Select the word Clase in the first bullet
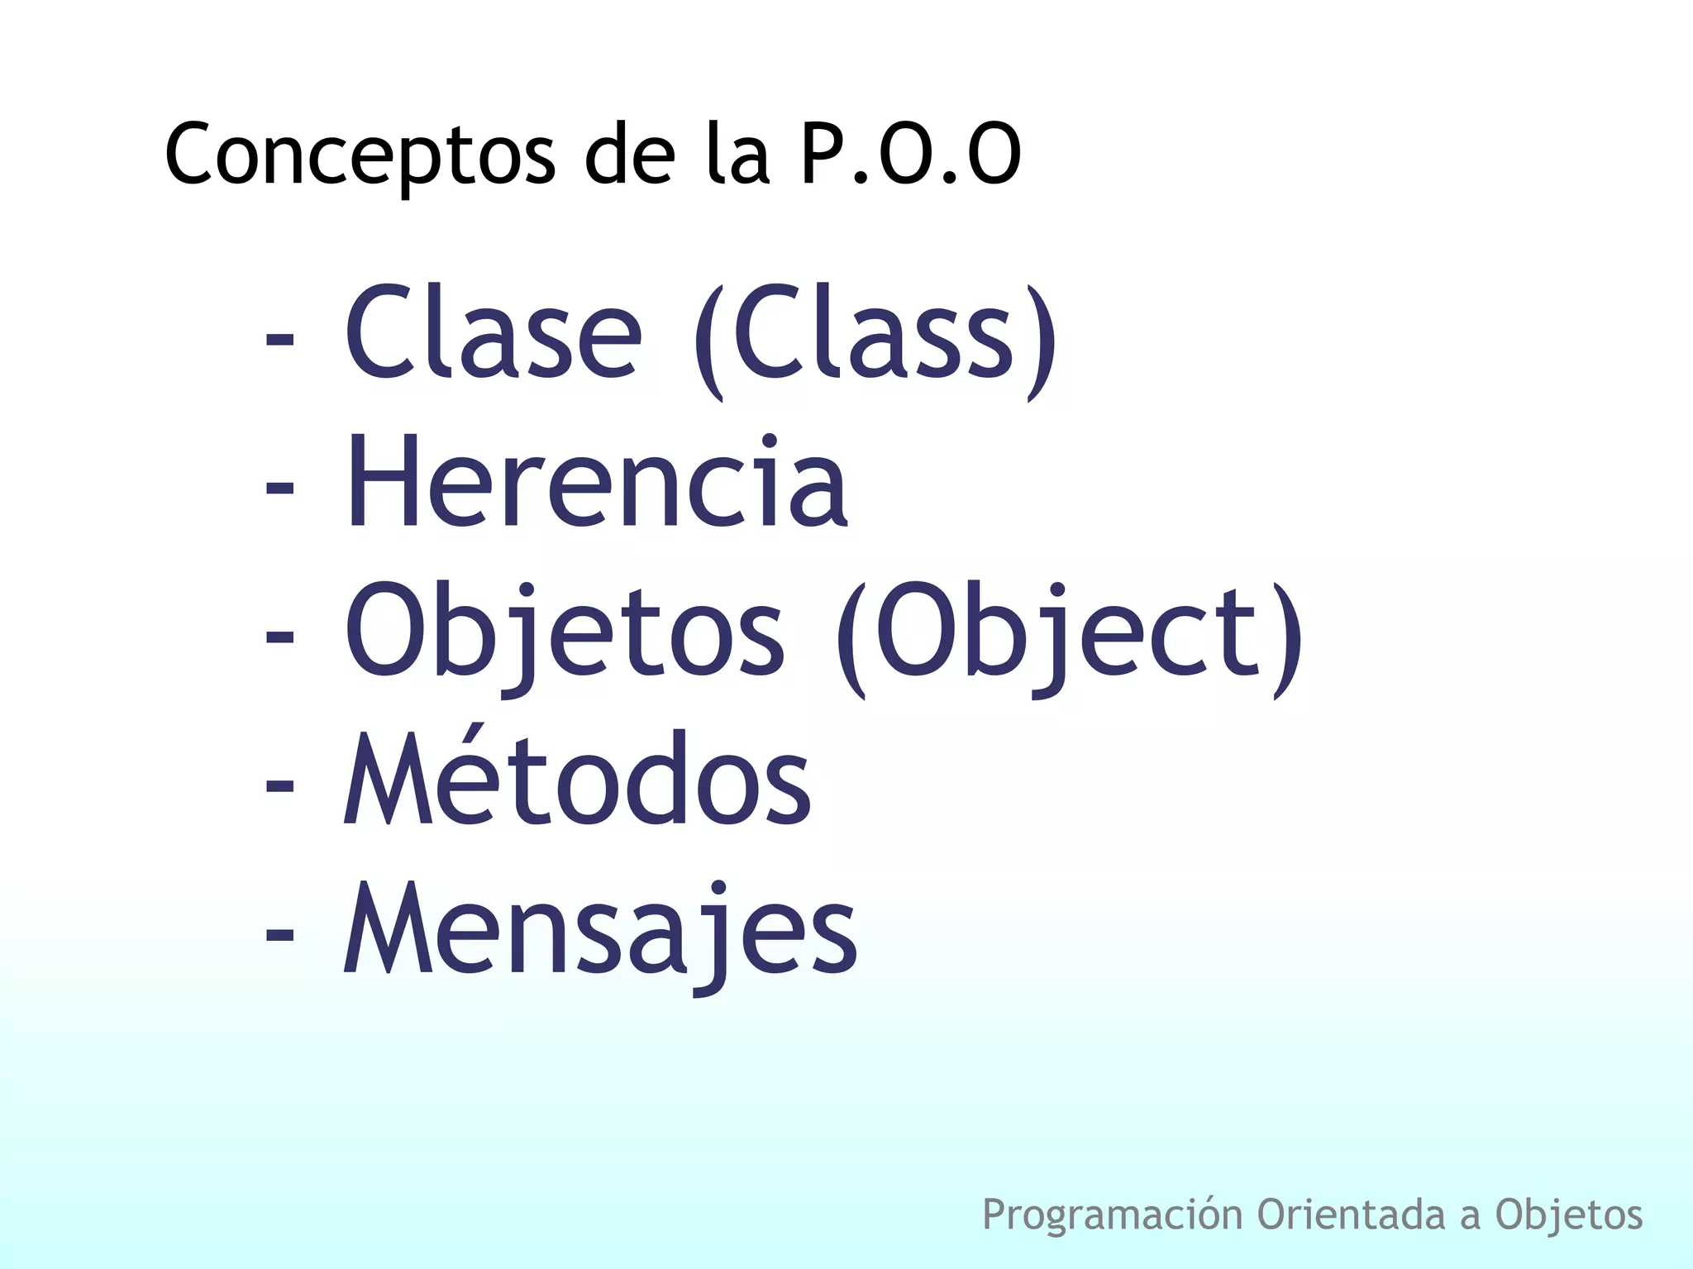pyautogui.click(x=493, y=332)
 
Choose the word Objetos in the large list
pyautogui.click(x=565, y=632)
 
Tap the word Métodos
pyautogui.click(x=577, y=779)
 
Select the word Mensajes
pyautogui.click(x=601, y=930)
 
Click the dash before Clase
pyautogui.click(x=279, y=339)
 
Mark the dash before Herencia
pyautogui.click(x=279, y=488)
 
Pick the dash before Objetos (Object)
pyautogui.click(x=279, y=637)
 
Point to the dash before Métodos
pyautogui.click(x=279, y=785)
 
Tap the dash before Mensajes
pyautogui.click(x=279, y=934)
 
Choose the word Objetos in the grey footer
pyautogui.click(x=1568, y=1215)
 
